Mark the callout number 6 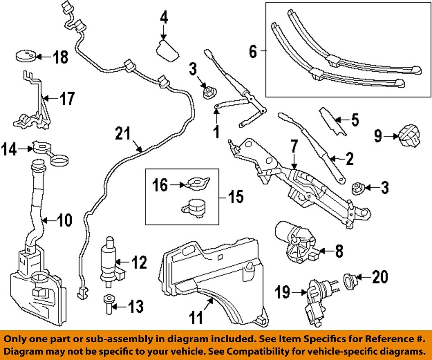click(x=253, y=52)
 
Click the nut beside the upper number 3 click(x=210, y=92)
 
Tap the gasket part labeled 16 click(x=197, y=184)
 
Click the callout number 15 click(x=235, y=198)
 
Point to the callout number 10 click(x=64, y=221)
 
